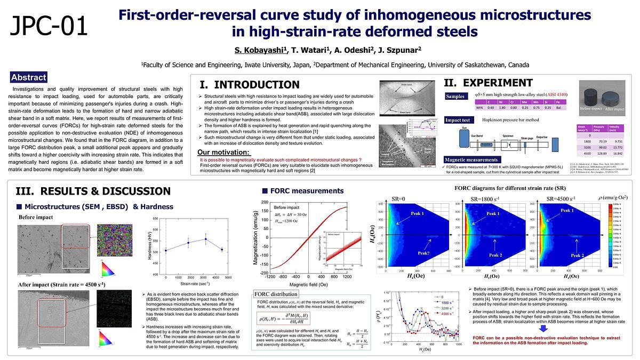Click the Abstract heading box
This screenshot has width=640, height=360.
point(28,77)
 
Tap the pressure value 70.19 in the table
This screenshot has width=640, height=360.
point(602,141)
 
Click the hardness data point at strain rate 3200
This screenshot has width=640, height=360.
point(206,238)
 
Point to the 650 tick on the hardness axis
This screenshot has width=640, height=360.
point(155,219)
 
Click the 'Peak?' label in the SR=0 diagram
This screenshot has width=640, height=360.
point(423,253)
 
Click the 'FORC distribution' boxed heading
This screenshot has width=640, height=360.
point(269,294)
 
